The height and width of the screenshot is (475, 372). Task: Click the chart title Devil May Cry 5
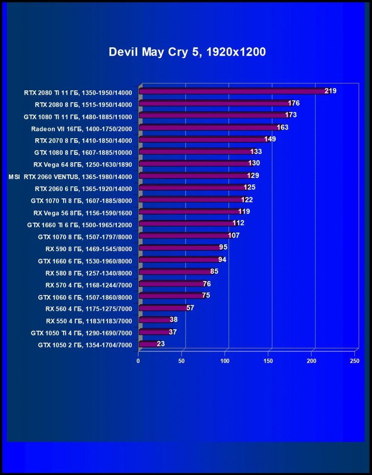tap(187, 52)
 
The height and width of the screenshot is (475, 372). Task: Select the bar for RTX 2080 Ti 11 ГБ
tap(232, 91)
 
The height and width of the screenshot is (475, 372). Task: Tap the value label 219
tap(330, 91)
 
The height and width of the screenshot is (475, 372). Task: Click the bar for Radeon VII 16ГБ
tap(208, 128)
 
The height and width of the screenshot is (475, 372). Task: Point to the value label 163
tap(282, 127)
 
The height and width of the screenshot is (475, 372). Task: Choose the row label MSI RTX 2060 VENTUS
tap(70, 176)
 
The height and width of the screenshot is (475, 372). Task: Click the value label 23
tap(161, 344)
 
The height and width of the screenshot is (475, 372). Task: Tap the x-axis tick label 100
tap(225, 361)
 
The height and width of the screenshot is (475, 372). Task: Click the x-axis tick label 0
tap(138, 361)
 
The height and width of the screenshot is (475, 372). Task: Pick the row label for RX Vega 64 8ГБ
tap(82, 164)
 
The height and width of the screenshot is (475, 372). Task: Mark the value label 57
tap(190, 308)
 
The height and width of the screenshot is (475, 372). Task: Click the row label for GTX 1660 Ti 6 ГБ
tap(79, 224)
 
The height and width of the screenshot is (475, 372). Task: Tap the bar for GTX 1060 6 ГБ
tap(171, 296)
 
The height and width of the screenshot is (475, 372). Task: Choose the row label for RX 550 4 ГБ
tap(89, 321)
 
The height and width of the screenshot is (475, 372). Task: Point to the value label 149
tap(270, 139)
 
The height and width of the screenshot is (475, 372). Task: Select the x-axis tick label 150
tap(268, 361)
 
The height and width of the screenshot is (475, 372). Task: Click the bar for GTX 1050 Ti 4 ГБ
tap(154, 332)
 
